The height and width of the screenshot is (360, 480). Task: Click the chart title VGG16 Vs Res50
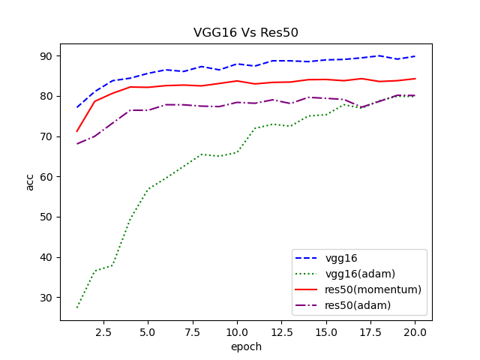click(x=246, y=32)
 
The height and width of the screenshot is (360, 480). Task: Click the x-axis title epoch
click(x=246, y=347)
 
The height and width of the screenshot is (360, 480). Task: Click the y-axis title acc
click(x=30, y=181)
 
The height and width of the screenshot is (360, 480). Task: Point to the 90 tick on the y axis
click(x=46, y=56)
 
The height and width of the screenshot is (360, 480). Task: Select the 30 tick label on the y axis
click(x=46, y=298)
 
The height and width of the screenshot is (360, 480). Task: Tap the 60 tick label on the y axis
click(x=46, y=177)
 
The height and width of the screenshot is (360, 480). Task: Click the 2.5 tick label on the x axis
click(x=103, y=331)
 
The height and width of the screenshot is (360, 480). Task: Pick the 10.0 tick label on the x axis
click(x=237, y=331)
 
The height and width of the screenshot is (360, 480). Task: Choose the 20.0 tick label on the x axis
click(x=415, y=331)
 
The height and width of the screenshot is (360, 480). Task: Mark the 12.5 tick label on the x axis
click(x=281, y=331)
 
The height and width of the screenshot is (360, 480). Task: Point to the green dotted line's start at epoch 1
click(x=77, y=307)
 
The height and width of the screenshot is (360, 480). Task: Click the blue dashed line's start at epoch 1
click(x=77, y=107)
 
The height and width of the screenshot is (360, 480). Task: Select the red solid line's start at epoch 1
click(x=77, y=131)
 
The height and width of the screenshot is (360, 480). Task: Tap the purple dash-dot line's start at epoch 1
click(x=77, y=143)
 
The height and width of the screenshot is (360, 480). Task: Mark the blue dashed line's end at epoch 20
click(x=415, y=56)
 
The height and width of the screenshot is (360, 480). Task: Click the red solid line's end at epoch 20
click(x=415, y=79)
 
